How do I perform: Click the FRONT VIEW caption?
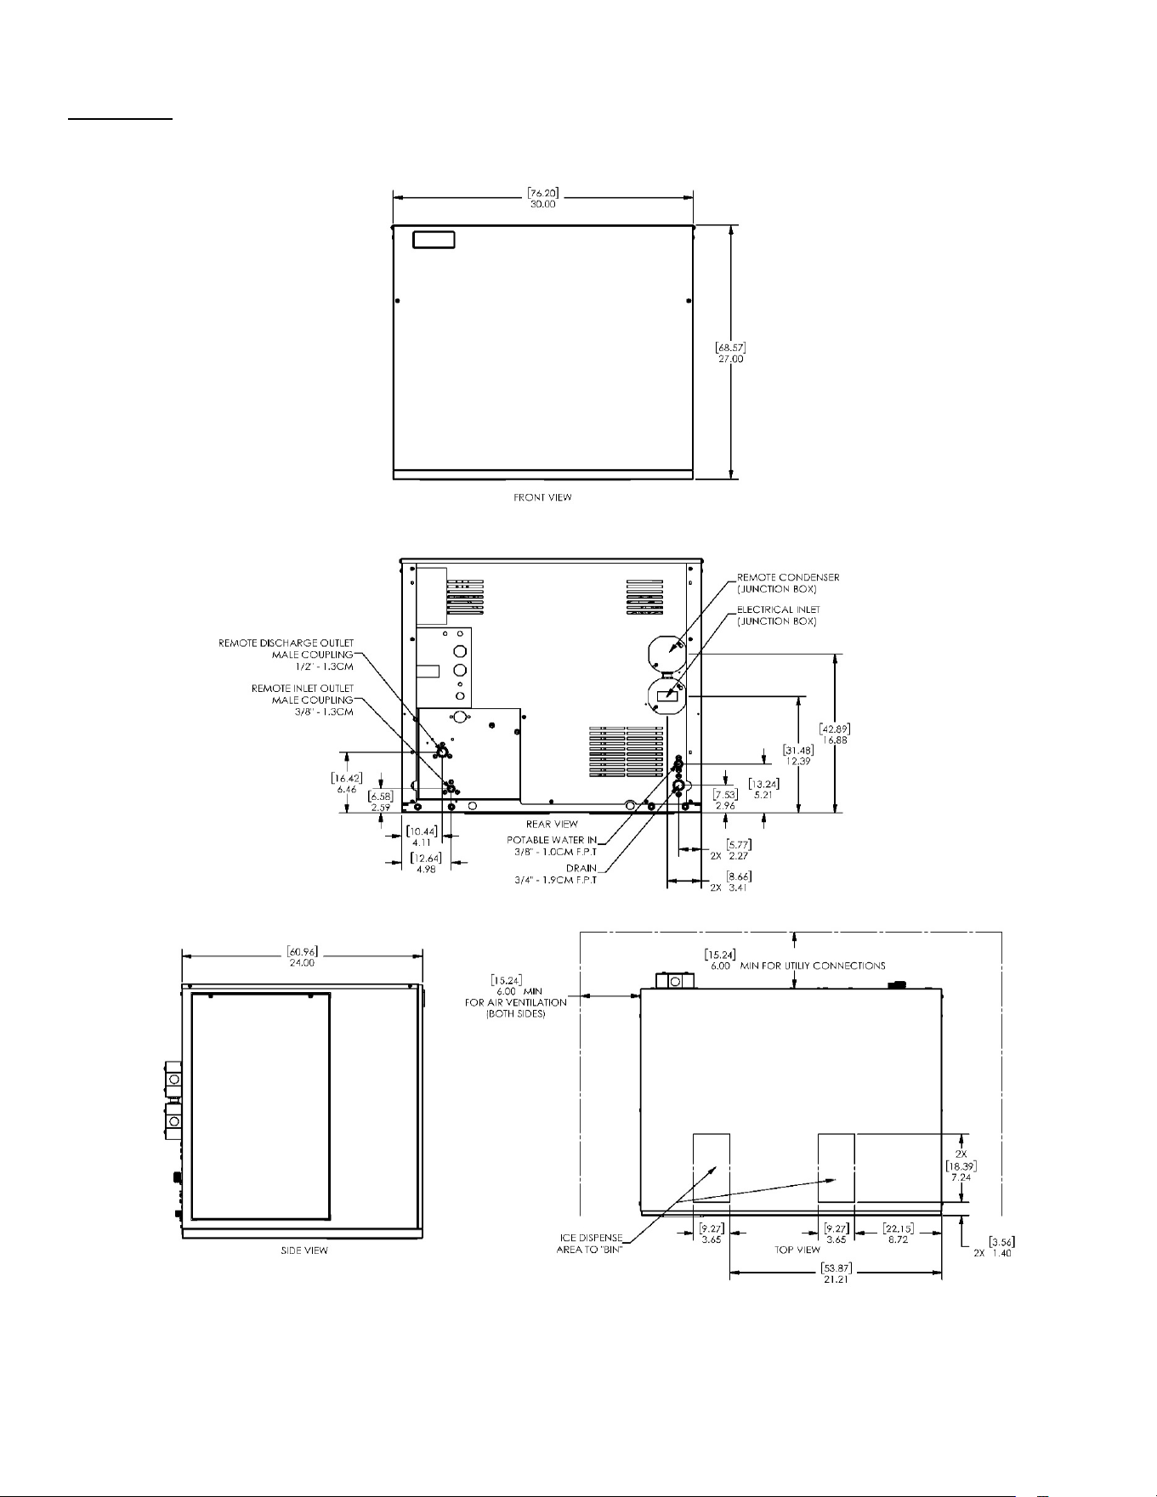[542, 497]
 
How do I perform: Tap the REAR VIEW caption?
[552, 824]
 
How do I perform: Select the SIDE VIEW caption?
[304, 1250]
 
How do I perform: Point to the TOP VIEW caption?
[797, 1250]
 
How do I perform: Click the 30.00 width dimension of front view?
[542, 204]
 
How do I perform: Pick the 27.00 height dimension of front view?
[731, 359]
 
